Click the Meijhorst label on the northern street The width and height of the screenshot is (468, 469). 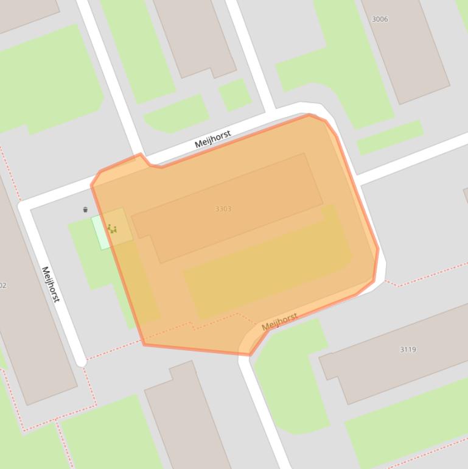tap(212, 139)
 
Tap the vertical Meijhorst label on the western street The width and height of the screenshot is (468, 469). tap(51, 284)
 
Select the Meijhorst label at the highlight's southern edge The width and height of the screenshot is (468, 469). tap(279, 321)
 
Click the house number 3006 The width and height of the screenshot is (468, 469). tap(379, 19)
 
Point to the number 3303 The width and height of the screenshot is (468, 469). tap(223, 209)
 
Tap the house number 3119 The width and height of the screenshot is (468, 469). tap(408, 350)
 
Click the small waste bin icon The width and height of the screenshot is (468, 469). tap(85, 210)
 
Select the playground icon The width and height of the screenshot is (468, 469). tap(112, 229)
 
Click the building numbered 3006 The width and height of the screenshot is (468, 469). tap(408, 55)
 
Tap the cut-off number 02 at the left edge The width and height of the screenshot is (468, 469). tap(2, 285)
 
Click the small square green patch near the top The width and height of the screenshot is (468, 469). tap(234, 95)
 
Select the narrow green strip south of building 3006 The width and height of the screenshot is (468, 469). tap(389, 136)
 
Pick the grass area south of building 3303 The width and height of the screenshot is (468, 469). tap(268, 268)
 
